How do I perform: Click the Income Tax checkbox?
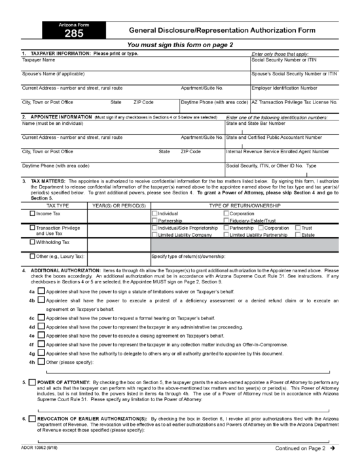33,213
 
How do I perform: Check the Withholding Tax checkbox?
33,242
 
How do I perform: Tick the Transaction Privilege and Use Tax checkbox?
33,228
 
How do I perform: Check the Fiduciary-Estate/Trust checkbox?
226,221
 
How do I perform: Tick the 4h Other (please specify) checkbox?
41,361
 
